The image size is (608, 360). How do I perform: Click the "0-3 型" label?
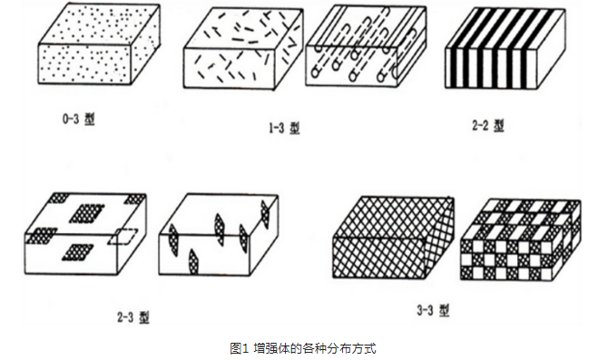point(78,119)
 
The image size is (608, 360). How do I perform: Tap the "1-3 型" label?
point(284,128)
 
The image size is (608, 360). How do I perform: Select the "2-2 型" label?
point(488,125)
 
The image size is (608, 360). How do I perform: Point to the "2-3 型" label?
point(133,317)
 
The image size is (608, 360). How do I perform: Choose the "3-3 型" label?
point(433,310)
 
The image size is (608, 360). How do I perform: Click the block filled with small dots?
point(99,44)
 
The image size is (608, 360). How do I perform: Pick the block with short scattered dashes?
point(243,49)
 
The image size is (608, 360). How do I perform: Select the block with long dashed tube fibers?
point(366,45)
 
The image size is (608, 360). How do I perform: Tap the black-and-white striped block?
point(505,48)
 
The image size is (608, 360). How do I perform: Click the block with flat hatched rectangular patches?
point(85,234)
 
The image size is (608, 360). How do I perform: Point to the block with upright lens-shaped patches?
point(219,234)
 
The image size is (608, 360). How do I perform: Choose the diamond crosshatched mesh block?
point(394,238)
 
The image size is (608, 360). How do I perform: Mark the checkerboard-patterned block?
point(520,239)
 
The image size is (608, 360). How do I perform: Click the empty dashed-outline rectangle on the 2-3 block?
point(123,237)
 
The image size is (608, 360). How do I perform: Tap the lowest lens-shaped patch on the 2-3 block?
point(192,261)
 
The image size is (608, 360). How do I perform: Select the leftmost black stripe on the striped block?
point(451,68)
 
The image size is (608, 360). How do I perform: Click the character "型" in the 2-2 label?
point(499,125)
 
